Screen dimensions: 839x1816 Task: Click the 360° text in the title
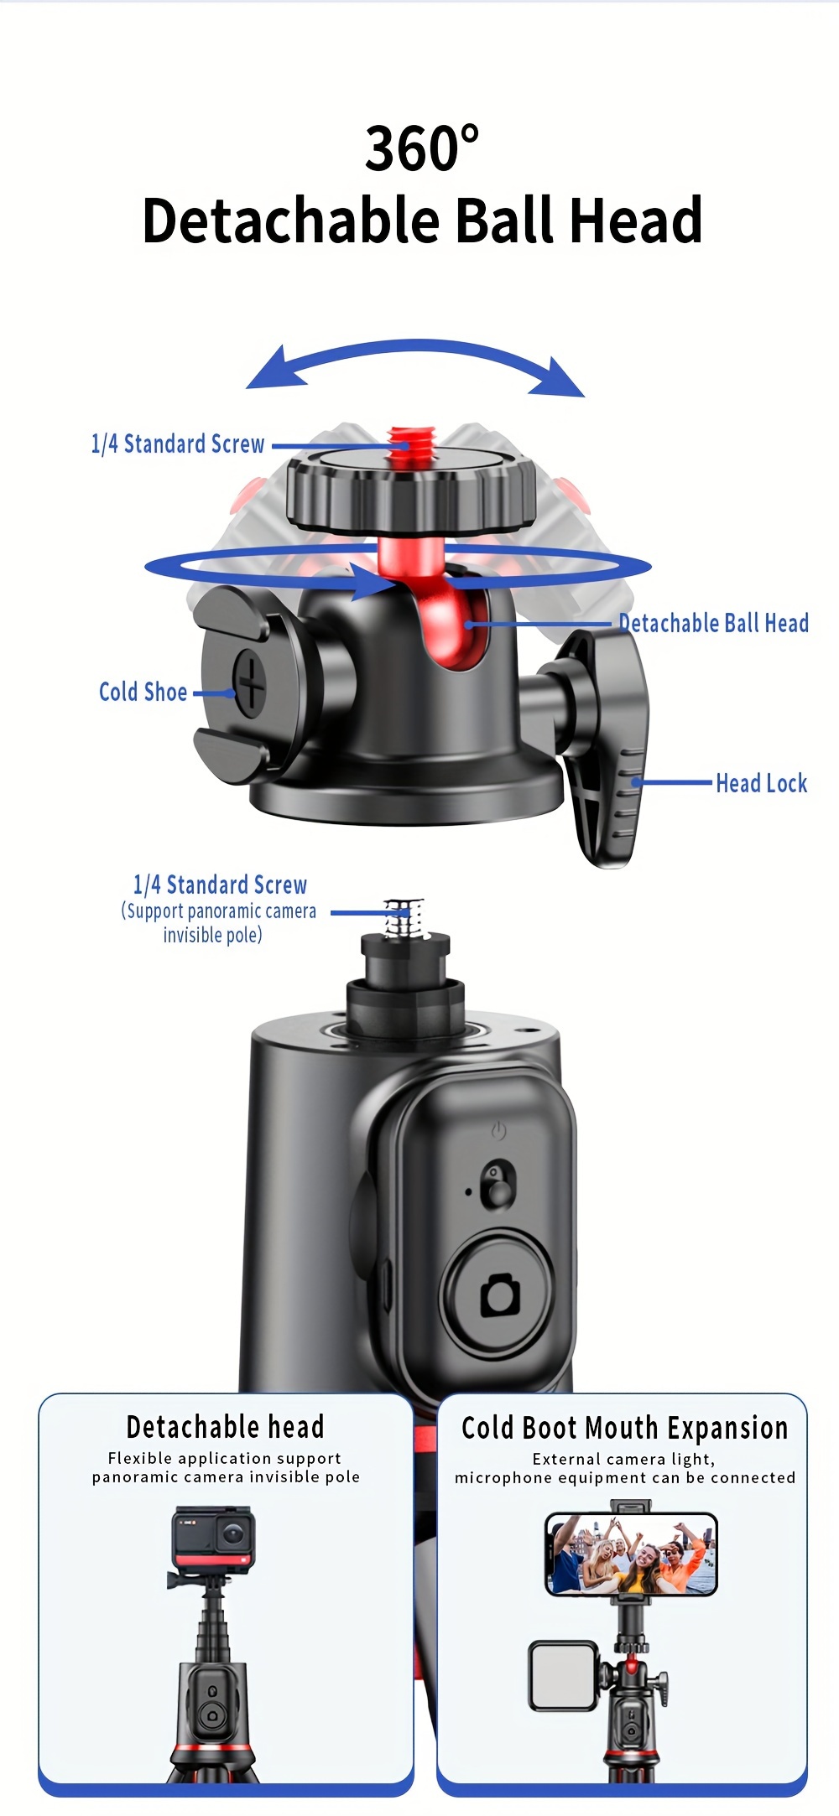point(422,148)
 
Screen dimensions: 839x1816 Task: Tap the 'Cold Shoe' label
point(143,692)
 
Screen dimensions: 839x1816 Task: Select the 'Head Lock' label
point(761,783)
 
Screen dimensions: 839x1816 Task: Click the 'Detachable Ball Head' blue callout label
point(714,623)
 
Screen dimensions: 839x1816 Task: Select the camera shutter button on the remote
point(499,1295)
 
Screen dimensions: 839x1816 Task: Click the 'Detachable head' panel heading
point(225,1426)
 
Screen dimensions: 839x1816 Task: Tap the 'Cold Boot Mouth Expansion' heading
point(625,1428)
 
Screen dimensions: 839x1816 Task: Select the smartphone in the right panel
point(631,1554)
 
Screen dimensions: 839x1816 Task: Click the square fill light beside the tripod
point(563,1675)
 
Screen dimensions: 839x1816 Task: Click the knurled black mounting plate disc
point(411,490)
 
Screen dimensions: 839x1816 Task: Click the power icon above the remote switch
point(498,1131)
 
